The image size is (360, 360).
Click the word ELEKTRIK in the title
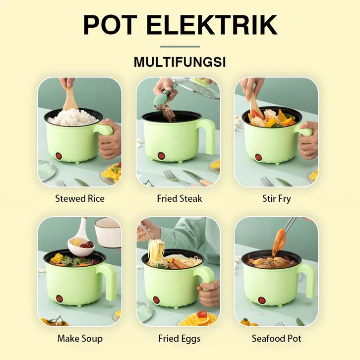click(211, 25)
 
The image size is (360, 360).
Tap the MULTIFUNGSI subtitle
click(180, 62)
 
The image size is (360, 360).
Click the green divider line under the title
click(180, 47)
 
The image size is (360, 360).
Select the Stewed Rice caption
click(80, 199)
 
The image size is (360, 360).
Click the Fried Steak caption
click(180, 199)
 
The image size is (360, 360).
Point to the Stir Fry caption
click(276, 199)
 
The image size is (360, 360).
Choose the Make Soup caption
click(80, 339)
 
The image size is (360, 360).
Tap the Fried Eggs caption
click(180, 339)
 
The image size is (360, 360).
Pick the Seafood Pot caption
click(276, 339)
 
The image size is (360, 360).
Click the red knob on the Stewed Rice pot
click(59, 156)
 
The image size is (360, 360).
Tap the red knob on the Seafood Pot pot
click(262, 300)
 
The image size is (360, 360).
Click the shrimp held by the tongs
click(279, 242)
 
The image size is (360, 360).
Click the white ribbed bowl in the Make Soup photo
click(108, 233)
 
